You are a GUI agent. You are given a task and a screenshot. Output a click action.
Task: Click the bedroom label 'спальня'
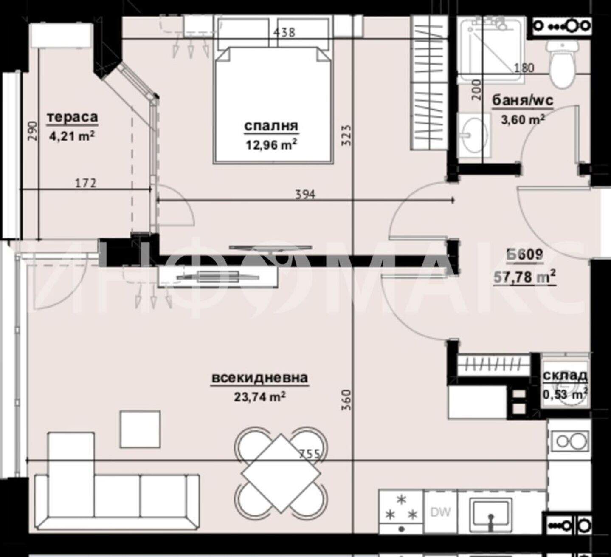pos(271,126)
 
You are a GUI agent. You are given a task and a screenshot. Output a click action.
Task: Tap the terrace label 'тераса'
pos(72,117)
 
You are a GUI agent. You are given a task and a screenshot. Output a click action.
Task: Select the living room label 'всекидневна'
pos(260,378)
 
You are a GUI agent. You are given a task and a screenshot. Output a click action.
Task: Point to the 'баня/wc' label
pos(523,100)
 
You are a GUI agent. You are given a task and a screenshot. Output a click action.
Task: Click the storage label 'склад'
pos(565,376)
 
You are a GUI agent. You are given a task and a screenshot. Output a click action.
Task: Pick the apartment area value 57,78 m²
pos(524,277)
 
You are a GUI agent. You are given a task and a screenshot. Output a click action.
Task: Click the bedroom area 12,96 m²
pos(271,144)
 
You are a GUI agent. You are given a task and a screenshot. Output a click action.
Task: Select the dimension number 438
pos(284,32)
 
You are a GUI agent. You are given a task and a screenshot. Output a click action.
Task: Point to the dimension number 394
pos(305,194)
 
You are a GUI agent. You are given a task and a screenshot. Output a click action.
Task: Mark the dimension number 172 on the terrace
pos(86,183)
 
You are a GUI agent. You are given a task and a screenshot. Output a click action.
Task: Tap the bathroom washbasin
pos(475,136)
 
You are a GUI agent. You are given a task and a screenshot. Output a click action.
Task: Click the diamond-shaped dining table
pos(281,473)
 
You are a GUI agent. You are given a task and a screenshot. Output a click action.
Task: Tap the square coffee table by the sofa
pos(140,429)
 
